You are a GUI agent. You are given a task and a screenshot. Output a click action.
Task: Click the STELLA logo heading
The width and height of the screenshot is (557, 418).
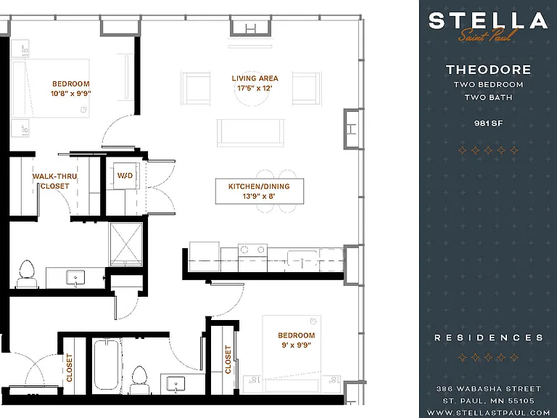(x=487, y=20)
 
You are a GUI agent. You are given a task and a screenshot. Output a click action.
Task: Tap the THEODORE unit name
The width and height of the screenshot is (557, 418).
(x=488, y=70)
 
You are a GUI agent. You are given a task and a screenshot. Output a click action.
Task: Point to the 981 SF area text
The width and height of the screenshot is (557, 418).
(x=488, y=123)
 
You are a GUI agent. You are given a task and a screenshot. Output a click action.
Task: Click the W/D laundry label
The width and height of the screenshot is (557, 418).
(x=125, y=176)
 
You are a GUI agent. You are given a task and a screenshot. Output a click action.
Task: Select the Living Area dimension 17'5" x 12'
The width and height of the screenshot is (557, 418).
(x=255, y=88)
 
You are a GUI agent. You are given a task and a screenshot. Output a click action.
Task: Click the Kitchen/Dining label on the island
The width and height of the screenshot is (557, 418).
(x=259, y=187)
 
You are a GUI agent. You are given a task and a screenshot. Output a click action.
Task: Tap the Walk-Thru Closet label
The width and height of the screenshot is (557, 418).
(x=54, y=181)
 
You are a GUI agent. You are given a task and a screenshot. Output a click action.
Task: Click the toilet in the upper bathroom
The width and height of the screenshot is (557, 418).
(x=27, y=274)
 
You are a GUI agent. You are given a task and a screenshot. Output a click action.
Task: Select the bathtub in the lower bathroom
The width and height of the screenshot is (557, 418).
(x=105, y=366)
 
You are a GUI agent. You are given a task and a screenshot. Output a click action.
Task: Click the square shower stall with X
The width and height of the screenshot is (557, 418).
(x=125, y=244)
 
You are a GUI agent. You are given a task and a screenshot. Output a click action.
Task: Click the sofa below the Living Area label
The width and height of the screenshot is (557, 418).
(x=250, y=133)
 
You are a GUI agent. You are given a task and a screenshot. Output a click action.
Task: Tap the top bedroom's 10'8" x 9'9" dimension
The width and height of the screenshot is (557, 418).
(x=70, y=94)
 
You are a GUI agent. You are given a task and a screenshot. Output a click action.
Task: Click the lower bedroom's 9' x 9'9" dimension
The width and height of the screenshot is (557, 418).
(x=296, y=345)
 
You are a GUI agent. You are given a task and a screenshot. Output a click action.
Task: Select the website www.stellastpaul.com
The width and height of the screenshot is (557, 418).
(x=488, y=413)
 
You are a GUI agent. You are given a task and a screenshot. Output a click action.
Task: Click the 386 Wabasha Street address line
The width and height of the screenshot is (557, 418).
(x=488, y=389)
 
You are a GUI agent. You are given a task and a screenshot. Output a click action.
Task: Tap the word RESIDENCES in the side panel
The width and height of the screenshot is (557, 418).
(x=489, y=337)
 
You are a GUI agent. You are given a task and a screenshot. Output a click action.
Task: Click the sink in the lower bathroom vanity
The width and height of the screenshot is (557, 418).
(x=176, y=384)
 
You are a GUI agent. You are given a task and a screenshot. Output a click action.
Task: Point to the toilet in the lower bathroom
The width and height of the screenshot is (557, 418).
(x=139, y=380)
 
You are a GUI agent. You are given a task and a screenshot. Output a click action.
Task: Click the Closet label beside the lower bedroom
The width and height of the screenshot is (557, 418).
(x=228, y=359)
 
